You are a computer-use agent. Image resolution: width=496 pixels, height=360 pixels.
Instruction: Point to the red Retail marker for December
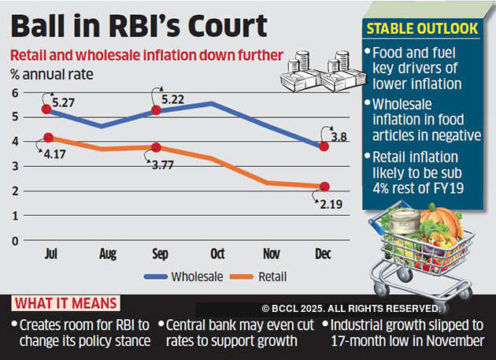point(324,187)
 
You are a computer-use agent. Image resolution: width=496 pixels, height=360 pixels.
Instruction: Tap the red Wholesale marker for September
point(156,110)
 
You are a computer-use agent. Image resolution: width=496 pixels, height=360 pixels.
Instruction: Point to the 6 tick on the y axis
point(14,94)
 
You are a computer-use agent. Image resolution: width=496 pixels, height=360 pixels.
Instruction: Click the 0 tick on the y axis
point(14,241)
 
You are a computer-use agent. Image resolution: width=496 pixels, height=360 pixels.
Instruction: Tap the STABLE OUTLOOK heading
point(422,29)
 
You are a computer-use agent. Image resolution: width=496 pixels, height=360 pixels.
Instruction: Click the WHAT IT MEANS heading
point(65,304)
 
